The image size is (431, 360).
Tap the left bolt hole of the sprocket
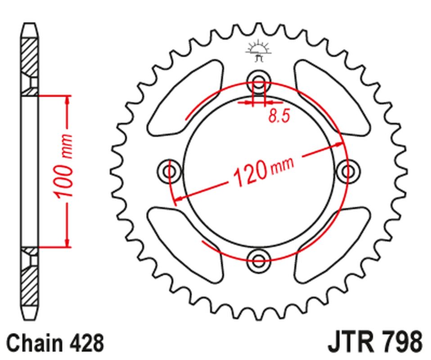[x=170, y=171]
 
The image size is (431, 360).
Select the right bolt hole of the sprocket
[x=348, y=171]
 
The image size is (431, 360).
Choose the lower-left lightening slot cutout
[x=184, y=245]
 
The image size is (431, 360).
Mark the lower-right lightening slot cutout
[x=333, y=245]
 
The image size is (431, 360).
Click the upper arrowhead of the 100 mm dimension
[x=68, y=100]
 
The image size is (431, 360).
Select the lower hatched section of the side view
[x=30, y=283]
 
